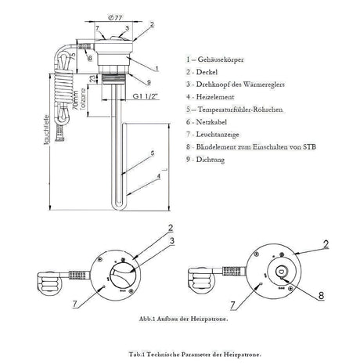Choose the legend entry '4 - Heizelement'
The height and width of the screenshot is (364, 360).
point(210,96)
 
